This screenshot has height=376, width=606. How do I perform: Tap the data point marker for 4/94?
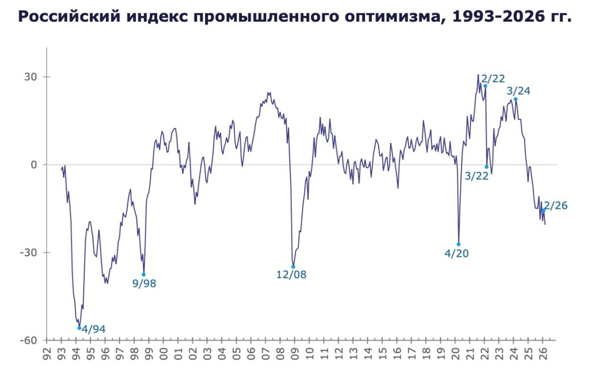[x=79, y=328]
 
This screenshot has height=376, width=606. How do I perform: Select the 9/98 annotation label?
[x=144, y=283]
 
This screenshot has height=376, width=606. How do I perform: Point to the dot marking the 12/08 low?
[x=293, y=267]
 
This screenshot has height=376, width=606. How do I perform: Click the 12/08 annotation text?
[x=291, y=275]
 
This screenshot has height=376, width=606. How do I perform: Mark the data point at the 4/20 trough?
[x=458, y=244]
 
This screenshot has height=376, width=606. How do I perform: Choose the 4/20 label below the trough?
[x=457, y=254]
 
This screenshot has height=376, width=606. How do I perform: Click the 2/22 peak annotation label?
[x=493, y=79]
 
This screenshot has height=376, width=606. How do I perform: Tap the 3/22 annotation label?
[x=477, y=176]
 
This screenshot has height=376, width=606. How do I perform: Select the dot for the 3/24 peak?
[x=515, y=99]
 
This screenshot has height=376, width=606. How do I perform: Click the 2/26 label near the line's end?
[x=556, y=206]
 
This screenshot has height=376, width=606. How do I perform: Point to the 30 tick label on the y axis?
[x=30, y=77]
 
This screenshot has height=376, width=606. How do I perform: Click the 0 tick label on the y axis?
[x=33, y=165]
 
